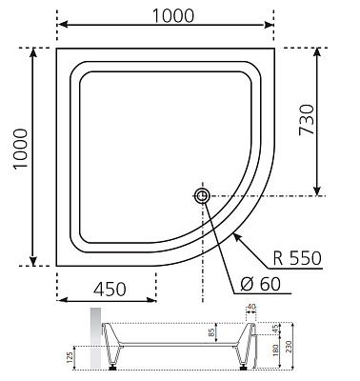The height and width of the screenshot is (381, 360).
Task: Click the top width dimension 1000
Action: [x=172, y=14]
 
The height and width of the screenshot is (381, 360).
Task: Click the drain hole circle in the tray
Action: [x=204, y=196]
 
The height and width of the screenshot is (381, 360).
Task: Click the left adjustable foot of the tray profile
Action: [x=116, y=364]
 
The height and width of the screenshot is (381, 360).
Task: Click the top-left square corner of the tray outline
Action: [x=58, y=46]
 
